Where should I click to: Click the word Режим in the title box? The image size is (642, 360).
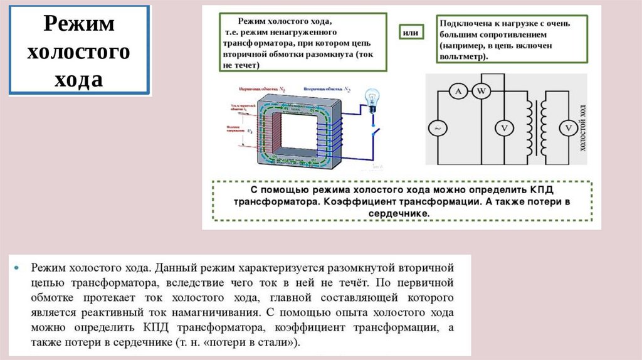(78, 25)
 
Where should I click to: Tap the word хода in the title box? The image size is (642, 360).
(78, 80)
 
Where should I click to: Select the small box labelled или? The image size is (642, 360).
(410, 32)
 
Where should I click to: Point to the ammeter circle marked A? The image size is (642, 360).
(458, 92)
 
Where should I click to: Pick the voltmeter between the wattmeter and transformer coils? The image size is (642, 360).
(503, 128)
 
